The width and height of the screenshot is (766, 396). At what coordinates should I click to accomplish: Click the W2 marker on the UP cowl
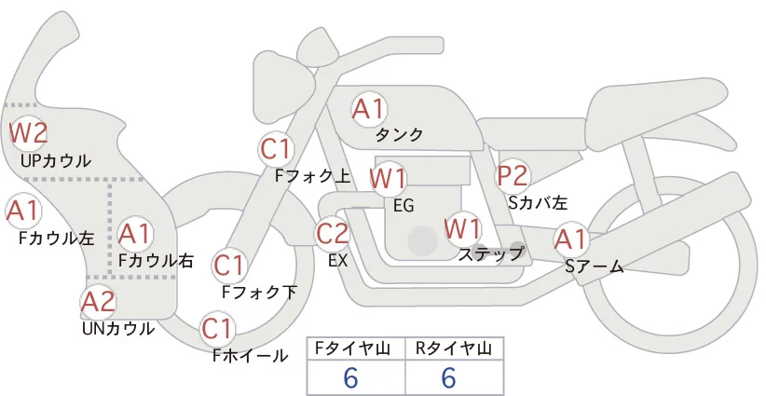point(29,133)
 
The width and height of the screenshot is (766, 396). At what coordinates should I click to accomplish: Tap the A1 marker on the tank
point(369,109)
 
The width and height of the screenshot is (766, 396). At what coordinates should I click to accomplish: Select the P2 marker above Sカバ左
point(513,175)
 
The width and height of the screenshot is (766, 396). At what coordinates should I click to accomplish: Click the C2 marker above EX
point(332,233)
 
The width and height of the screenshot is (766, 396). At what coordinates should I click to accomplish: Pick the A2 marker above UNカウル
point(98,302)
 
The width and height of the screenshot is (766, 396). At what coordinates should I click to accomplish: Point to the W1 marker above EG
point(388,179)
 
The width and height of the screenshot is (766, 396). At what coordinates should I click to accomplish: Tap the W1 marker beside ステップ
point(462,228)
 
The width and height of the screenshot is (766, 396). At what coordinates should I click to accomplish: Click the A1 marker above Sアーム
point(570,239)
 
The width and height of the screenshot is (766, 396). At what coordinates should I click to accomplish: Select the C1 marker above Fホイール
point(216,329)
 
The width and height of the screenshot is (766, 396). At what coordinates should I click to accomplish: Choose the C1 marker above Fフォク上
point(276,149)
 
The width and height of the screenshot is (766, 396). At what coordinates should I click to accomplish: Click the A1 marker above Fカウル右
point(135,234)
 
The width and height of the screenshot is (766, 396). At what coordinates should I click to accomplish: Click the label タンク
point(399,134)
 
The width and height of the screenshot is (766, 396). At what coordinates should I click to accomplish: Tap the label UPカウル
point(56,160)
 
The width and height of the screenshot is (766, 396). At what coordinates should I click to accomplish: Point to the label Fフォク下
point(259,292)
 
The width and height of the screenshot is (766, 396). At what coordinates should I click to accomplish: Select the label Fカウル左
point(56,238)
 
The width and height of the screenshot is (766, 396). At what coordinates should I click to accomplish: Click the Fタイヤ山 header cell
point(356,348)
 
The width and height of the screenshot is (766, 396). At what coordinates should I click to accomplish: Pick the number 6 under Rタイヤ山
point(448,377)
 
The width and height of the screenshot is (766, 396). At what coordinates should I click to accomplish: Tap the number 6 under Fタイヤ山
point(350,377)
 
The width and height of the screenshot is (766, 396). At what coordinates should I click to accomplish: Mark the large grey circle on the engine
point(422,240)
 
